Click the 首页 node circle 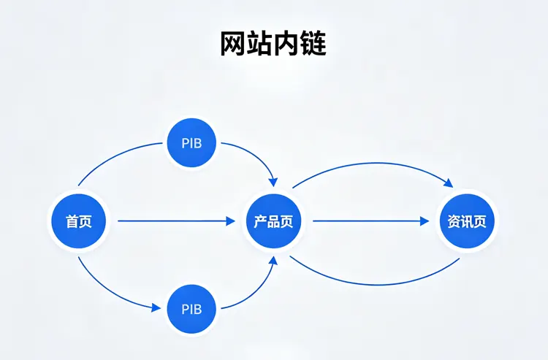point(79,221)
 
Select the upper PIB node point(193,143)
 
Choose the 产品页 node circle point(273,221)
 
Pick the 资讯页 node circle point(466,221)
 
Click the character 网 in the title point(233,44)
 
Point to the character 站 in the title point(260,44)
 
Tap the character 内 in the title point(287,44)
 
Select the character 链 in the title point(314,44)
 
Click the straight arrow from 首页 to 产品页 point(175,221)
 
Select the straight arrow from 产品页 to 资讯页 point(369,221)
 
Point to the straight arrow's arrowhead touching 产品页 point(231,221)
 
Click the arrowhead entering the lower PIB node point(156,308)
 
